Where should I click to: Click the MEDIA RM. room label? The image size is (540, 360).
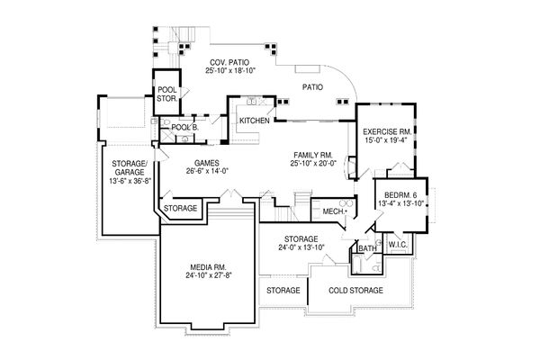pyautogui.click(x=208, y=267)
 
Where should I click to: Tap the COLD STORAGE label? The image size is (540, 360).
pyautogui.click(x=355, y=291)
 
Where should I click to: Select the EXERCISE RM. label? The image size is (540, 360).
pyautogui.click(x=387, y=131)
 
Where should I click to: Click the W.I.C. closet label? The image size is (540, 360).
pyautogui.click(x=398, y=245)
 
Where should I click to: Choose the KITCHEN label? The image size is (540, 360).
pyautogui.click(x=255, y=121)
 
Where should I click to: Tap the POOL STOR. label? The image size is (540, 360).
pyautogui.click(x=167, y=94)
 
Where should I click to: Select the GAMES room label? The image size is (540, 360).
pyautogui.click(x=207, y=163)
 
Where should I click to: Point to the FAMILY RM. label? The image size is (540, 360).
pyautogui.click(x=312, y=155)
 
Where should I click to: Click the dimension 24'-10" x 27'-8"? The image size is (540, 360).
pyautogui.click(x=208, y=274)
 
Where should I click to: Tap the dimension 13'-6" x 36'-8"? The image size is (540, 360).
pyautogui.click(x=130, y=181)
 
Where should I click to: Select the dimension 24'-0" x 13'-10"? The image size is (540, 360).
pyautogui.click(x=301, y=247)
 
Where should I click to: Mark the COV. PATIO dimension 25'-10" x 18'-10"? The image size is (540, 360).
pyautogui.click(x=229, y=70)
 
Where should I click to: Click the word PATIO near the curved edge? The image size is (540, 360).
pyautogui.click(x=312, y=87)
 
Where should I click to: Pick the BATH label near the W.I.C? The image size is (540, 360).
pyautogui.click(x=367, y=248)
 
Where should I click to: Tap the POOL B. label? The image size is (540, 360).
pyautogui.click(x=184, y=127)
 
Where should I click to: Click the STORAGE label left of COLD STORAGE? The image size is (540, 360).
pyautogui.click(x=283, y=291)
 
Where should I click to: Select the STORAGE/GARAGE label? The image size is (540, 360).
pyautogui.click(x=130, y=167)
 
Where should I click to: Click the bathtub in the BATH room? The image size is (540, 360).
pyautogui.click(x=356, y=265)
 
